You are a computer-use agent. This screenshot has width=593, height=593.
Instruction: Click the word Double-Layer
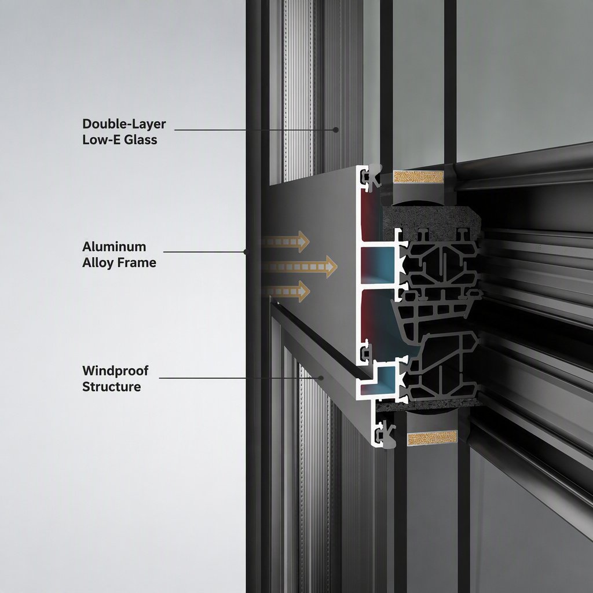click(124, 124)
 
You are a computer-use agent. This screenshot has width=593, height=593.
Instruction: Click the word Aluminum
click(114, 247)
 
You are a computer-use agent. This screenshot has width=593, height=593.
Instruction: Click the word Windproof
click(115, 371)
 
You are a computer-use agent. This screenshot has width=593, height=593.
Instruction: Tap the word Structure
click(112, 386)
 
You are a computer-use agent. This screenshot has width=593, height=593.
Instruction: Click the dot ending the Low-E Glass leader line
click(335, 130)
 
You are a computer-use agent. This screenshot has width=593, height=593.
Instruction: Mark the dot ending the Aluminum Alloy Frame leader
click(246, 251)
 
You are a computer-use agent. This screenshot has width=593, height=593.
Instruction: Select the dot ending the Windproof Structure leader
click(321, 378)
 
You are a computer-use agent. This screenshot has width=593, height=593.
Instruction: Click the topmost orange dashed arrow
click(285, 241)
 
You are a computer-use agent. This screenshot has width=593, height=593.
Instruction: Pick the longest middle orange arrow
click(299, 267)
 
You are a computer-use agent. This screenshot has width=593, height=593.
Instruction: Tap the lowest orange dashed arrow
click(285, 292)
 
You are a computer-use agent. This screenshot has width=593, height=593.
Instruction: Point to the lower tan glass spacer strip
click(432, 437)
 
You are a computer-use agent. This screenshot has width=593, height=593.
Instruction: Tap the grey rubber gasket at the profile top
click(375, 175)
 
